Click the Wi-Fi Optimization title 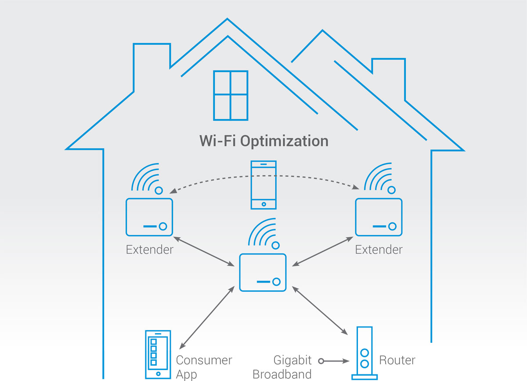tap(264, 142)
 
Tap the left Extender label tap(150, 250)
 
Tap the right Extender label tap(379, 250)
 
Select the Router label tap(397, 360)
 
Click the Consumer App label tap(204, 367)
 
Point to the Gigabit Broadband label tap(282, 367)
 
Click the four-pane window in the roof tap(231, 95)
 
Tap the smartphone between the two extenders tap(263, 185)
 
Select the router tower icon tap(365, 353)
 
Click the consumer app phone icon tap(158, 355)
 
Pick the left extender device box tap(149, 217)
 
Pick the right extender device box tap(379, 217)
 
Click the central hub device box tap(263, 272)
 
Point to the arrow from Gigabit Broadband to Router tap(334, 361)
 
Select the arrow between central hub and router tap(320, 310)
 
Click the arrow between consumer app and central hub tap(207, 317)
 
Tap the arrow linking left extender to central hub tap(204, 251)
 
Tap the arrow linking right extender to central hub tap(322, 251)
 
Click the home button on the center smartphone tap(264, 204)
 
